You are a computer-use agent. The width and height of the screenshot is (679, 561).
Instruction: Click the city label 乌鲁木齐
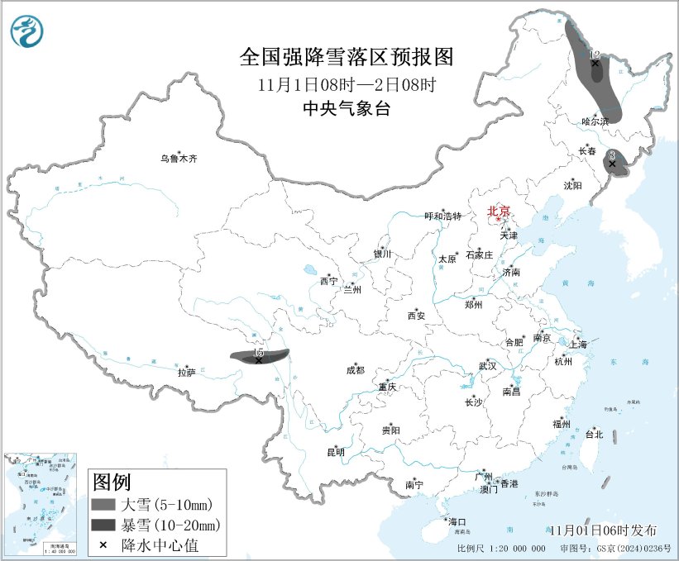pos(180,158)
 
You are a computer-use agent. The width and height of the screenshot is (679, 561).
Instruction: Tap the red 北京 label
pos(500,212)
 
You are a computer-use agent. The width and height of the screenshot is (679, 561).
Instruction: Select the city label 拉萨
pos(186,373)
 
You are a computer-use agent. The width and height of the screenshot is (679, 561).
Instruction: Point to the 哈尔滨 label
pos(594,121)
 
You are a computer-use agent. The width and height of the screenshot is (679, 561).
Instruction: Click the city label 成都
pos(356,371)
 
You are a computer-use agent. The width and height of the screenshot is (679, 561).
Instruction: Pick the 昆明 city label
pos(335,452)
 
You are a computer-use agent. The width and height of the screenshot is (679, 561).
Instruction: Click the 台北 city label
pos(594,434)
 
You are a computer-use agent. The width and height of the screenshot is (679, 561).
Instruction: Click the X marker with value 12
pos(595,64)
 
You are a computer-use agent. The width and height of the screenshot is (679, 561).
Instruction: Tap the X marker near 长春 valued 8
pos(612,164)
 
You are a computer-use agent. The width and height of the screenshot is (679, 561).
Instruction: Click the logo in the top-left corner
pos(26,31)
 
